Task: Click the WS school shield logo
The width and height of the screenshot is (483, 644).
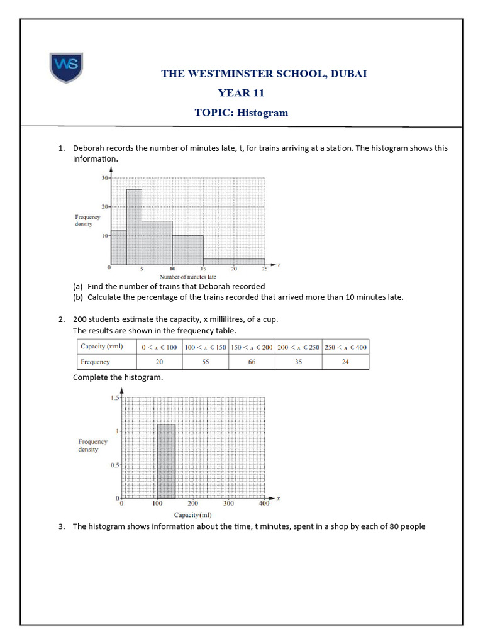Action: pyautogui.click(x=67, y=68)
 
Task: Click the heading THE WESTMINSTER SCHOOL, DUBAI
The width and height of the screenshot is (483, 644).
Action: pyautogui.click(x=264, y=74)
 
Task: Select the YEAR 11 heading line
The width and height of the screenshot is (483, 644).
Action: pyautogui.click(x=241, y=93)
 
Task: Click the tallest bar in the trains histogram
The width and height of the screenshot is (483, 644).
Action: pyautogui.click(x=134, y=226)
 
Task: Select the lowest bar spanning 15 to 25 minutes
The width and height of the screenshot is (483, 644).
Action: pyautogui.click(x=233, y=262)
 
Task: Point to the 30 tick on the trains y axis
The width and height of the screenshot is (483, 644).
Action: pyautogui.click(x=104, y=178)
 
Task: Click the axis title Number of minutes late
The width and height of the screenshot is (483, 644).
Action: pyautogui.click(x=188, y=277)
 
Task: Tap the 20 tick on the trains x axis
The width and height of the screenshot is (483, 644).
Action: pyautogui.click(x=233, y=269)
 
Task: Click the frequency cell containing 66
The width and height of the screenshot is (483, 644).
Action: pyautogui.click(x=252, y=362)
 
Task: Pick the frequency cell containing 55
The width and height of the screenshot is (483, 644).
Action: pyautogui.click(x=205, y=362)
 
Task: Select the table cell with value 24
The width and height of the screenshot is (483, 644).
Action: pyautogui.click(x=345, y=362)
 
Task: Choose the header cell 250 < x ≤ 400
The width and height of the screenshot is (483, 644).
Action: pyautogui.click(x=345, y=347)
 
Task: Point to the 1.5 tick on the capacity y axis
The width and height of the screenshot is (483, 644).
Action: pyautogui.click(x=114, y=398)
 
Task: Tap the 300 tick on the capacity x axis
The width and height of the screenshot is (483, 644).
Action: pyautogui.click(x=228, y=504)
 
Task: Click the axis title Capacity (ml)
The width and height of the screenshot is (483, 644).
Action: pyautogui.click(x=192, y=516)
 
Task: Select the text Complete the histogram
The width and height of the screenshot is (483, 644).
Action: pyautogui.click(x=118, y=377)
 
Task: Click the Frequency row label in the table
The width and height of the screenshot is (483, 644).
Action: pyautogui.click(x=95, y=362)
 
